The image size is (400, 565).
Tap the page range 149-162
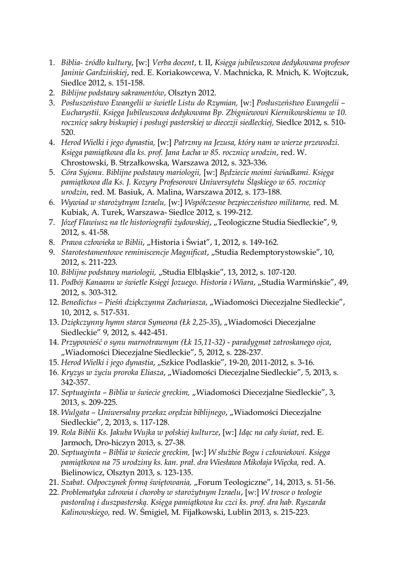262,242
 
